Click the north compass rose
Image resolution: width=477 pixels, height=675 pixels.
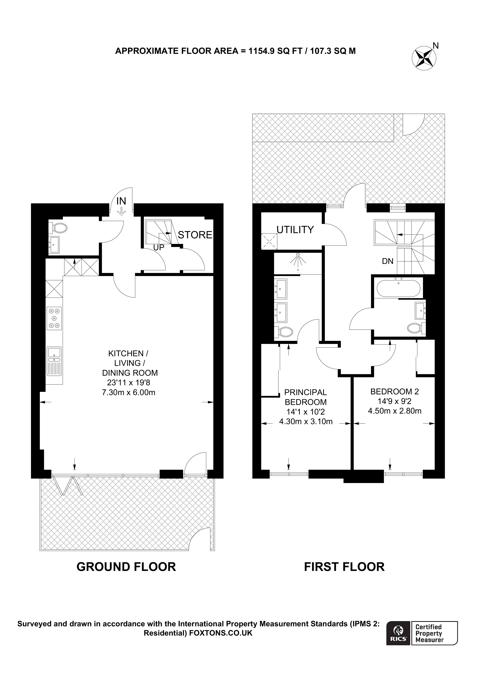click(424, 58)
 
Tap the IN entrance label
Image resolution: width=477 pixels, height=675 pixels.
click(121, 201)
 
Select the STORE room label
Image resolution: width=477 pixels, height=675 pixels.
click(195, 235)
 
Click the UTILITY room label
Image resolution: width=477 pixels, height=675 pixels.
click(295, 230)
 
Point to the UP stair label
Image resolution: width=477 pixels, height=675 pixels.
click(159, 248)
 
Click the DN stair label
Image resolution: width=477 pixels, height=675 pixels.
click(387, 261)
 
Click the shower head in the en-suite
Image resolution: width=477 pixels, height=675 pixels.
click(298, 260)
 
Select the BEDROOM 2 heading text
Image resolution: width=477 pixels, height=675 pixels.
click(394, 391)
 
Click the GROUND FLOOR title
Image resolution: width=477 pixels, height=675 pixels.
click(126, 567)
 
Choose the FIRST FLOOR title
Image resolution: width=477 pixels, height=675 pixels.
click(344, 567)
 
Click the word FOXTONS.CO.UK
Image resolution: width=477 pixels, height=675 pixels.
click(221, 633)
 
